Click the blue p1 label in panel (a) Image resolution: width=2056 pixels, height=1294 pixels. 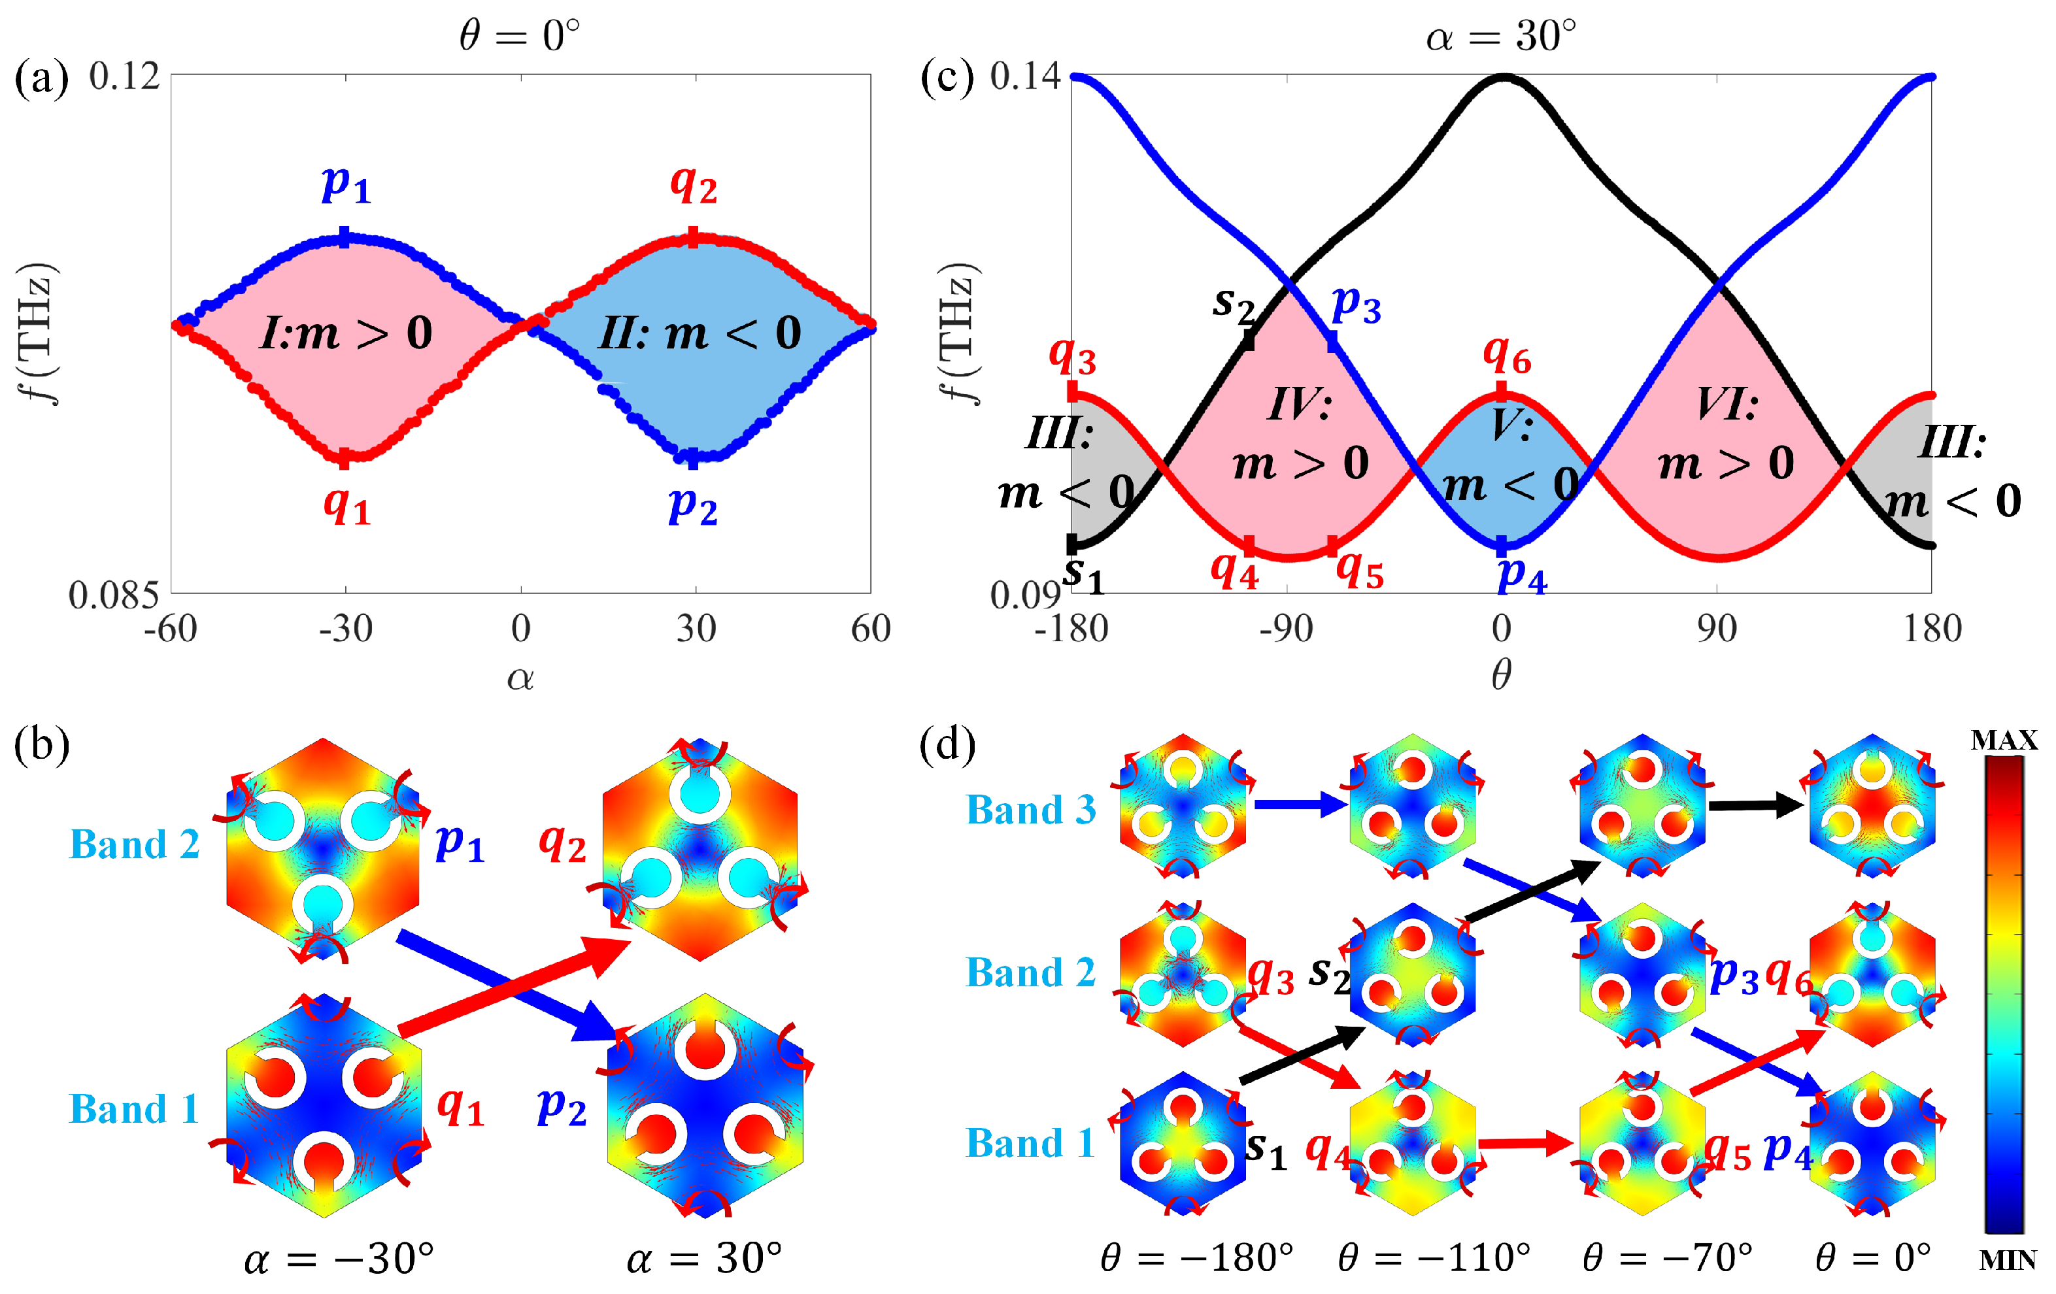coord(346,184)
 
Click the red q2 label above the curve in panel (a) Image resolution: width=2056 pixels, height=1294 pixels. coord(692,184)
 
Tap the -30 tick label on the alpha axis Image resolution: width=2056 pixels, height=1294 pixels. coord(346,629)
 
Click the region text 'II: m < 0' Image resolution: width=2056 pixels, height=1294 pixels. coord(698,333)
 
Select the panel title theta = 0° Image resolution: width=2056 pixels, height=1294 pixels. coord(519,36)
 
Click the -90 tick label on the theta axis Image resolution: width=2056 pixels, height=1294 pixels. coord(1286,629)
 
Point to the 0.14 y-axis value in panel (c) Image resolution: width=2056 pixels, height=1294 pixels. coord(1024,77)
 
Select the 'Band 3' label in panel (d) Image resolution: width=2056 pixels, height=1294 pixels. coord(1030,810)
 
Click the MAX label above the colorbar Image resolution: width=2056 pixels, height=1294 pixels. coord(2003,740)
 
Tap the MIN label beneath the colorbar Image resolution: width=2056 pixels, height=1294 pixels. coord(2006,1261)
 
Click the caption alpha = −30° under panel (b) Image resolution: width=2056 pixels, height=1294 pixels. coord(339,1258)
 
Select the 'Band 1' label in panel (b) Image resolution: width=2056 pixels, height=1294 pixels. coord(134,1110)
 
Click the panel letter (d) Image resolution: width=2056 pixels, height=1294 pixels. coord(947,745)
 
